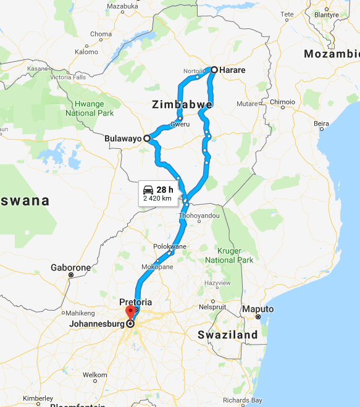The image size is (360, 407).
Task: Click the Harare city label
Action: [x=232, y=70]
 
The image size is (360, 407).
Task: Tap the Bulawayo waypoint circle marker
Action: [x=147, y=138]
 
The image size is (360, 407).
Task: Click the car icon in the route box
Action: [x=148, y=189]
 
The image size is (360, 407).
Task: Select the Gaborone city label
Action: [x=71, y=268]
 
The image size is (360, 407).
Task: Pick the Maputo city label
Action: [x=258, y=309]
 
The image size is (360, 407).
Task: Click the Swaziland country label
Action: [x=228, y=335]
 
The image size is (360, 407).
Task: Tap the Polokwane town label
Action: [x=170, y=246]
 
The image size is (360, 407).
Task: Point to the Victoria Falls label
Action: [x=69, y=77]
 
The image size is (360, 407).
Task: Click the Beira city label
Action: [x=321, y=124]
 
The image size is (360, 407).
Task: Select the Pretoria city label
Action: [x=136, y=302]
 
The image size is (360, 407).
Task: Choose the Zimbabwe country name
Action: [x=182, y=106]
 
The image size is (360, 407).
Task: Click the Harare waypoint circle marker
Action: [x=214, y=70]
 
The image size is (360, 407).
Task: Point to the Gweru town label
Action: [x=180, y=124]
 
